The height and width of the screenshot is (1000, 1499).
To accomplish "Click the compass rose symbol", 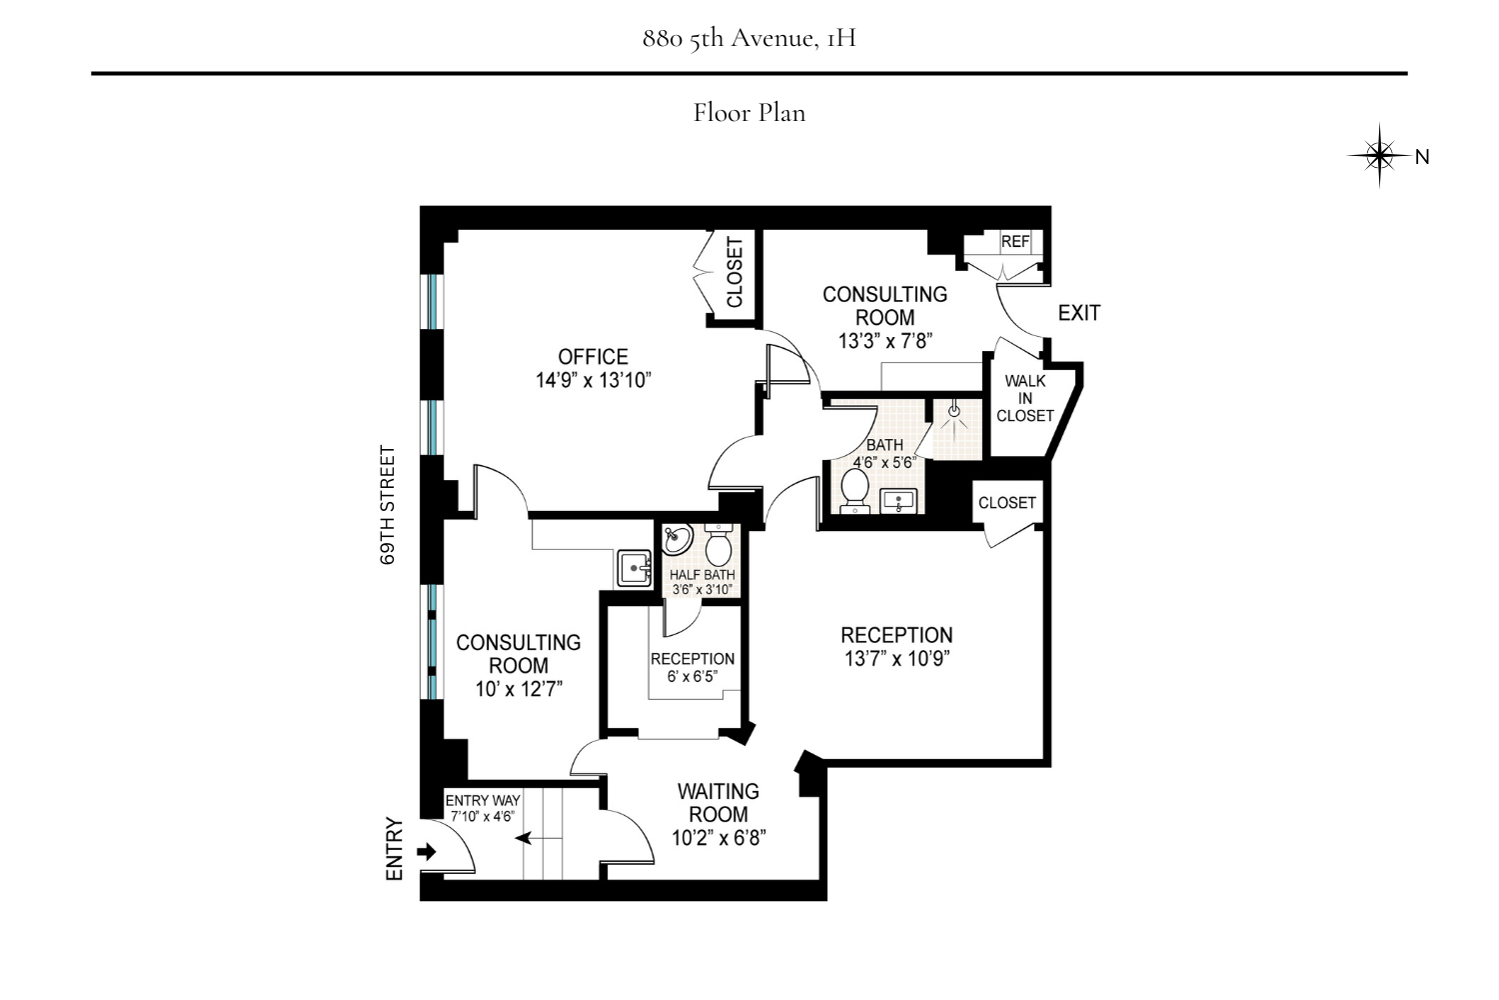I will pos(1379,156).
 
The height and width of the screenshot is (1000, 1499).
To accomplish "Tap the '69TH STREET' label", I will pos(388,506).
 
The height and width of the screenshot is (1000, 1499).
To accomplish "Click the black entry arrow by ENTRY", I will pos(427,852).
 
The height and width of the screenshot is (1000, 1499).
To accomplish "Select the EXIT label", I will pos(1078,313).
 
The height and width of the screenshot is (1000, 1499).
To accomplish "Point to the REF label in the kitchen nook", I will pos(1014,241).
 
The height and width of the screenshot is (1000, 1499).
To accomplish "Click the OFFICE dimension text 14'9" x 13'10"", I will pos(594,380).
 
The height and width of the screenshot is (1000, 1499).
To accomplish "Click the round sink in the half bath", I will pos(678,540).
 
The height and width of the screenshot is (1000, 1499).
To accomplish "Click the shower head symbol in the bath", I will pos(953,411).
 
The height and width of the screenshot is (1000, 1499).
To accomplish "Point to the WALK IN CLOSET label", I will pos(1025,398).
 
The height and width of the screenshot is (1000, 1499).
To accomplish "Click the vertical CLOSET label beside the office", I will pos(736,272).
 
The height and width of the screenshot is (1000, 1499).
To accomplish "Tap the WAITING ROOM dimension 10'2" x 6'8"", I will pos(719,838).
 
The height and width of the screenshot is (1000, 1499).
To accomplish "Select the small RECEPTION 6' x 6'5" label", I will pos(693,667).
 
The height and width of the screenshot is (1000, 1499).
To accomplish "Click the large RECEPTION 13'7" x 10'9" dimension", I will pos(896,659).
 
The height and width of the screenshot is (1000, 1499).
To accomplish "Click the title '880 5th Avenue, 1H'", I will pos(749,39).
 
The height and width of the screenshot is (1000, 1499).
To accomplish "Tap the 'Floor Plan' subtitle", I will pos(749,112).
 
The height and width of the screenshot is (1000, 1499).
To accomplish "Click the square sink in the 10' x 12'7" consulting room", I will pos(635,568).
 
